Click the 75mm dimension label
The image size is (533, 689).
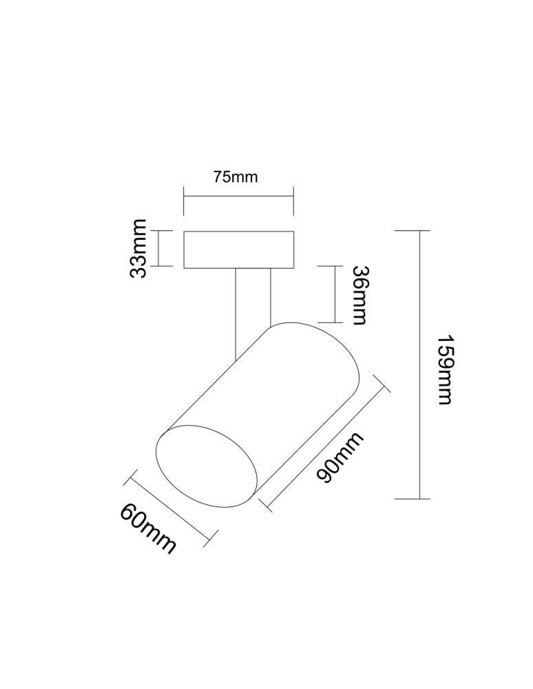click(236, 177)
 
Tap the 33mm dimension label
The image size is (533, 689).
click(140, 248)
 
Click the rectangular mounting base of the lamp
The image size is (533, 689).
click(239, 249)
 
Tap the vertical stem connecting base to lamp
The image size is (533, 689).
click(252, 303)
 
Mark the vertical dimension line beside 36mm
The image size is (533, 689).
click(334, 294)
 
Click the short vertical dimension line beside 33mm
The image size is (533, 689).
click(159, 248)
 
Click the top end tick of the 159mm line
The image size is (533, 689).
click(413, 231)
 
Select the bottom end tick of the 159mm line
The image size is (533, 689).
click(412, 498)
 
